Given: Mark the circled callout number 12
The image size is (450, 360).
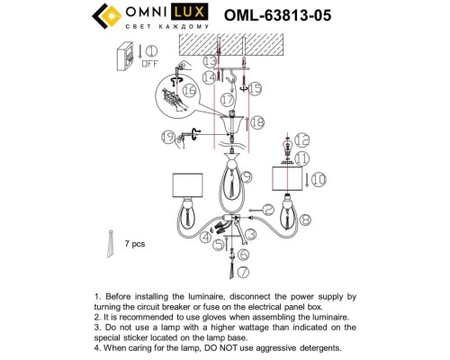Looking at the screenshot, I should coord(301,139).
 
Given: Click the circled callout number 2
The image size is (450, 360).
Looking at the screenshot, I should coord(269,209).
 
